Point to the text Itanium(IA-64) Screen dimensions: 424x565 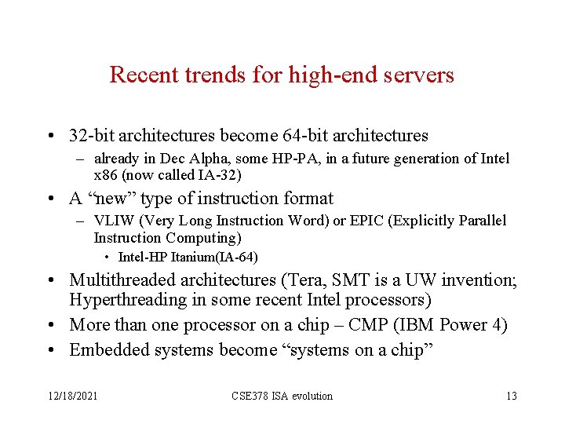209,257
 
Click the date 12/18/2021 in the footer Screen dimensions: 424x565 71,396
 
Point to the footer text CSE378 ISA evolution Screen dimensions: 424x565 282,396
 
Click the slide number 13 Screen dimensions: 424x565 511,396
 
